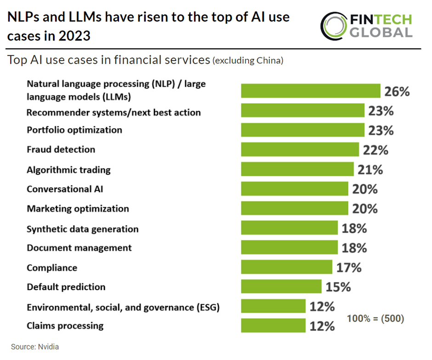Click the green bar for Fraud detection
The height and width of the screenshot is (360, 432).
point(300,150)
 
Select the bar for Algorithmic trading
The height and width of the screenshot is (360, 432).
point(297,169)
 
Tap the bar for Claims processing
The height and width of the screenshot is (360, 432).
point(273,326)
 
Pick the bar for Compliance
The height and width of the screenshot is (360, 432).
point(286,267)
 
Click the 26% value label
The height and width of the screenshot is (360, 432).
point(397,91)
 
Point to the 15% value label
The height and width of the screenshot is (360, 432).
point(338,287)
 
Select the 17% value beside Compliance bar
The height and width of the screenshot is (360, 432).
point(349,267)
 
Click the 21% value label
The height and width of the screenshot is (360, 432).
point(370,169)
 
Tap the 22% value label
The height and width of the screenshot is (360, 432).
point(375,150)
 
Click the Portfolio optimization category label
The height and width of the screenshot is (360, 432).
point(74,130)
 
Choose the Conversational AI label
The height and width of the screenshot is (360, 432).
point(64,189)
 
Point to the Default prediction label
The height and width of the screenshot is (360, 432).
point(66,287)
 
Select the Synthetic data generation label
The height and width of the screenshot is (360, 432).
point(83,229)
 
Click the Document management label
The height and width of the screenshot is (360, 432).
point(79,248)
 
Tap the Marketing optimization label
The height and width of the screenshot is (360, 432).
point(78,209)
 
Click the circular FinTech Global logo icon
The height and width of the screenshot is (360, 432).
point(334,25)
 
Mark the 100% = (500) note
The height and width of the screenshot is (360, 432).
point(375,318)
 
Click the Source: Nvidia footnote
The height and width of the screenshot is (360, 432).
point(35,347)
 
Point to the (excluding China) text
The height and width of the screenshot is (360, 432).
point(247,61)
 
